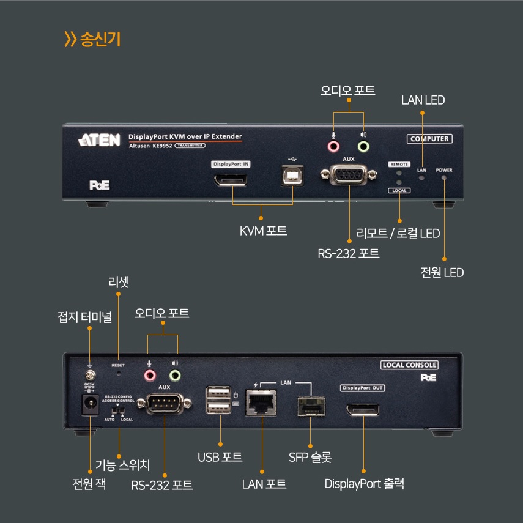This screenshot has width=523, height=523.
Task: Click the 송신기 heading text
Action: click(100, 40)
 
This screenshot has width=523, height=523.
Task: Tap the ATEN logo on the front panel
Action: click(100, 140)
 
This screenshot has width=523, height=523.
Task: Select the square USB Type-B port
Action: click(293, 176)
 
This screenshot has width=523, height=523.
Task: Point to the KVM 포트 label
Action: click(263, 232)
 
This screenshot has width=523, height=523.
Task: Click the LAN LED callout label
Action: click(423, 100)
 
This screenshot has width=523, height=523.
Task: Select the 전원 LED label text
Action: click(442, 272)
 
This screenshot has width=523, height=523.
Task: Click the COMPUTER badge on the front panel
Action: click(429, 139)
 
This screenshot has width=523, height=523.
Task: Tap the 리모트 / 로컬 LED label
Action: click(398, 233)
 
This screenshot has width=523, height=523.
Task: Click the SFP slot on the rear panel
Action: click(310, 404)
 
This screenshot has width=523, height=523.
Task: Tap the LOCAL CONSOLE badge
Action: click(409, 365)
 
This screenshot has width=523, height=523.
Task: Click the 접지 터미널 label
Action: click(84, 317)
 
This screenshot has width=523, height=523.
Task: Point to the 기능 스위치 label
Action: click(122, 465)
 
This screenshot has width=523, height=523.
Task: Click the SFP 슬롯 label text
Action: click(310, 457)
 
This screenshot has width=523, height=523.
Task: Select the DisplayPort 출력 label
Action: click(364, 484)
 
